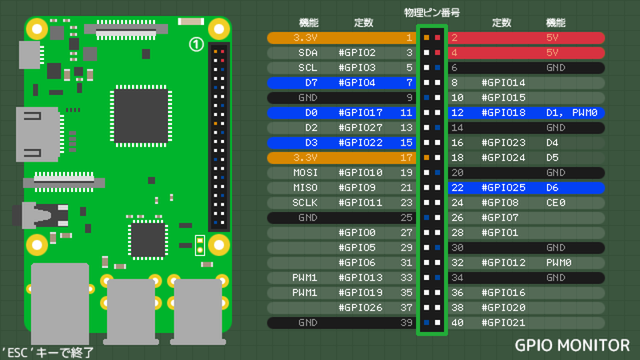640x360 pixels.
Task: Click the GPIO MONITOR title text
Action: point(572,346)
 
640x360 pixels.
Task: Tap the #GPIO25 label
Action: point(503,188)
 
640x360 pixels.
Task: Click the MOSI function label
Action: point(305,173)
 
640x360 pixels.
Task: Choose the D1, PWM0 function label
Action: point(572,113)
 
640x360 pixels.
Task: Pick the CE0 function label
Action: point(556,203)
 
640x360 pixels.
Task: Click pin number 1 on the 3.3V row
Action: point(409,38)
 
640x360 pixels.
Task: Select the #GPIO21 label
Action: point(503,323)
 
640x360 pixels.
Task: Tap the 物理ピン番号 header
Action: point(432,12)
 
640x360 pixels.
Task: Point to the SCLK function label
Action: point(305,203)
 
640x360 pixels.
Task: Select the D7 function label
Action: point(311,82)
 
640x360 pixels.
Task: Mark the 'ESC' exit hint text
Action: point(48,351)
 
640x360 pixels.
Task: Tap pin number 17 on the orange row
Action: point(406,158)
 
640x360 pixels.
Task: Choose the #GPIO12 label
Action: point(503,263)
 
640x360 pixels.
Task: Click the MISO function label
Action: point(305,188)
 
